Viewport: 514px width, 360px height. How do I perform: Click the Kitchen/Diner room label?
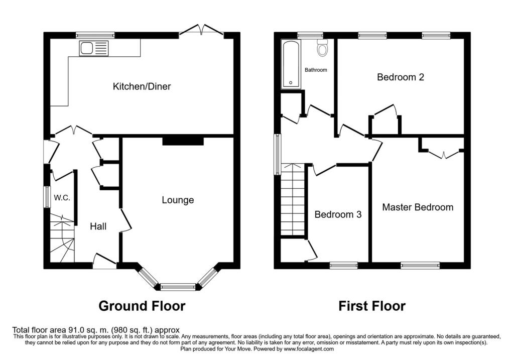[142, 86]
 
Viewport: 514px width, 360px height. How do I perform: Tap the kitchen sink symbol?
[93, 49]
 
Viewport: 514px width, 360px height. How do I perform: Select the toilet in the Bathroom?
[322, 48]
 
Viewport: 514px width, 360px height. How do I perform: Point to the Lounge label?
[178, 200]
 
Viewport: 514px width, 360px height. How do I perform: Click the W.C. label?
[62, 198]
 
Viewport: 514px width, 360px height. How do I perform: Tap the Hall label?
[98, 226]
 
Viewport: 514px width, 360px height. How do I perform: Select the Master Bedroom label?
[418, 207]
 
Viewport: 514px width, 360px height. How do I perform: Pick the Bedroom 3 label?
[338, 214]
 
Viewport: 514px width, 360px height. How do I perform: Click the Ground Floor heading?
[142, 306]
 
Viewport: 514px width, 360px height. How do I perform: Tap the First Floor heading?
[371, 306]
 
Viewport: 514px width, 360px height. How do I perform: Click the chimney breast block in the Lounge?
[183, 142]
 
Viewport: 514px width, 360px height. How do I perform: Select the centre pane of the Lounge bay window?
[178, 287]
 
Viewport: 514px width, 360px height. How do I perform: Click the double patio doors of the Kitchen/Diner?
[201, 31]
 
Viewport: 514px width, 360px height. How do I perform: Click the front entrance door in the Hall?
[104, 261]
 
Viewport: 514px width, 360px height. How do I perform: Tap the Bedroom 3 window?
[343, 265]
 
